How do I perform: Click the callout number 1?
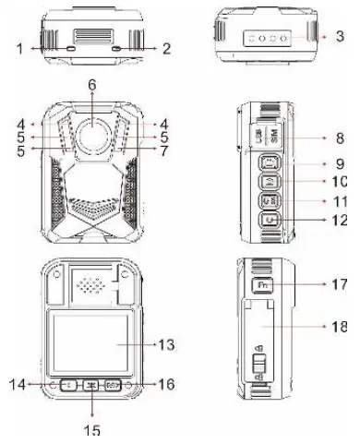19,44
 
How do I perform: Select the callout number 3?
341,37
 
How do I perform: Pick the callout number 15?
92,427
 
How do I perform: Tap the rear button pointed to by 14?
68,384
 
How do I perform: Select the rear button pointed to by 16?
114,384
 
